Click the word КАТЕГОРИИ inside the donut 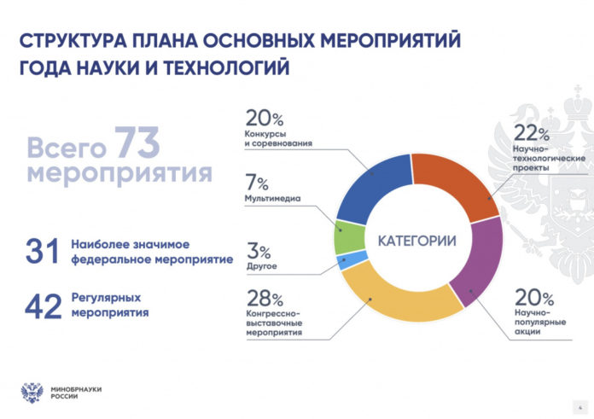pyautogui.click(x=416, y=241)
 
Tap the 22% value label pyautogui.click(x=531, y=132)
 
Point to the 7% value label pyautogui.click(x=257, y=183)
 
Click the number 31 pyautogui.click(x=44, y=253)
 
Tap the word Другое pyautogui.click(x=261, y=267)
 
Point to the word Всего pyautogui.click(x=67, y=147)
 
